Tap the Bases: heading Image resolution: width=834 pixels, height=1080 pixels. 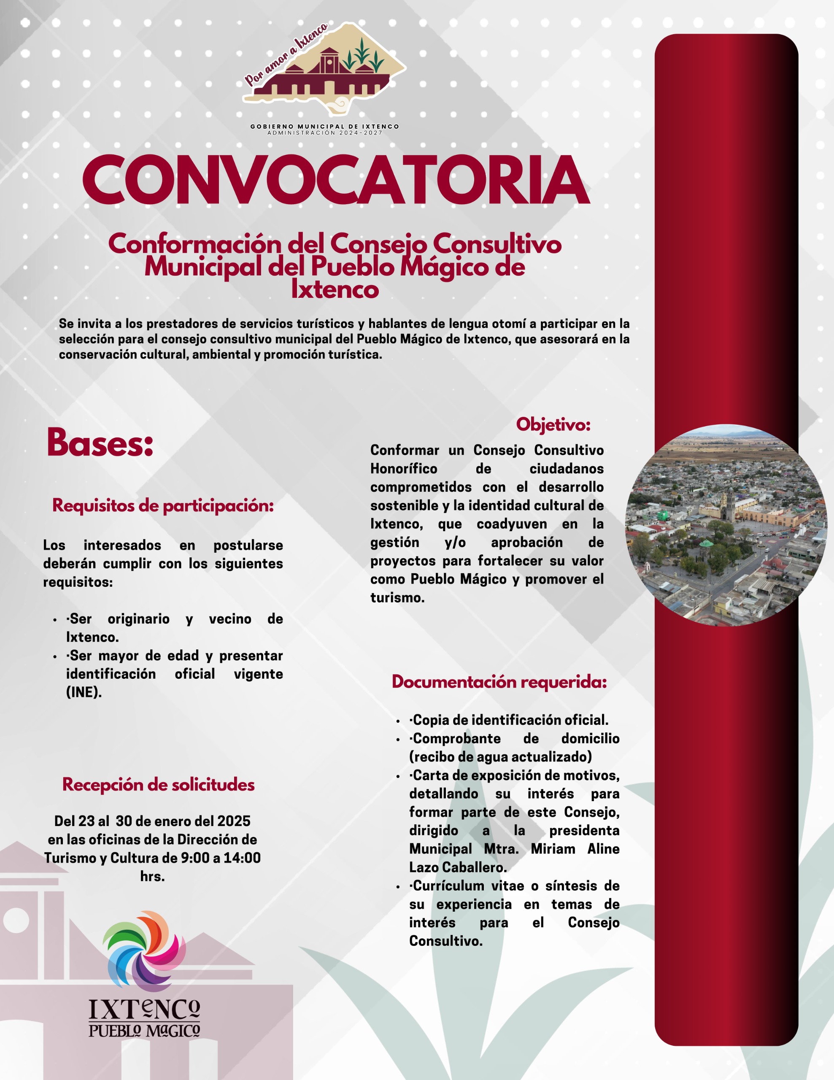click(100, 442)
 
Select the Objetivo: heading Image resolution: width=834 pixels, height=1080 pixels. click(553, 424)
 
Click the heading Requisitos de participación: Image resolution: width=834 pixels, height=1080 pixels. click(163, 505)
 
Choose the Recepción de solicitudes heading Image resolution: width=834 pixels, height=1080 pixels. click(158, 785)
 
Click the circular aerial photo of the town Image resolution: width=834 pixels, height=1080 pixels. click(726, 525)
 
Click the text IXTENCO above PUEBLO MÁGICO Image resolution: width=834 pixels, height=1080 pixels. click(144, 1009)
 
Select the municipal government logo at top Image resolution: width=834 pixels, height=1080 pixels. click(324, 64)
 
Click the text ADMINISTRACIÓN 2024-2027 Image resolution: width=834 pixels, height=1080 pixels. click(325, 133)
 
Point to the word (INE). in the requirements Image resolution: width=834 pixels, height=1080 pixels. click(84, 692)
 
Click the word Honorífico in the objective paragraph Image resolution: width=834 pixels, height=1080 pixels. click(404, 469)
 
